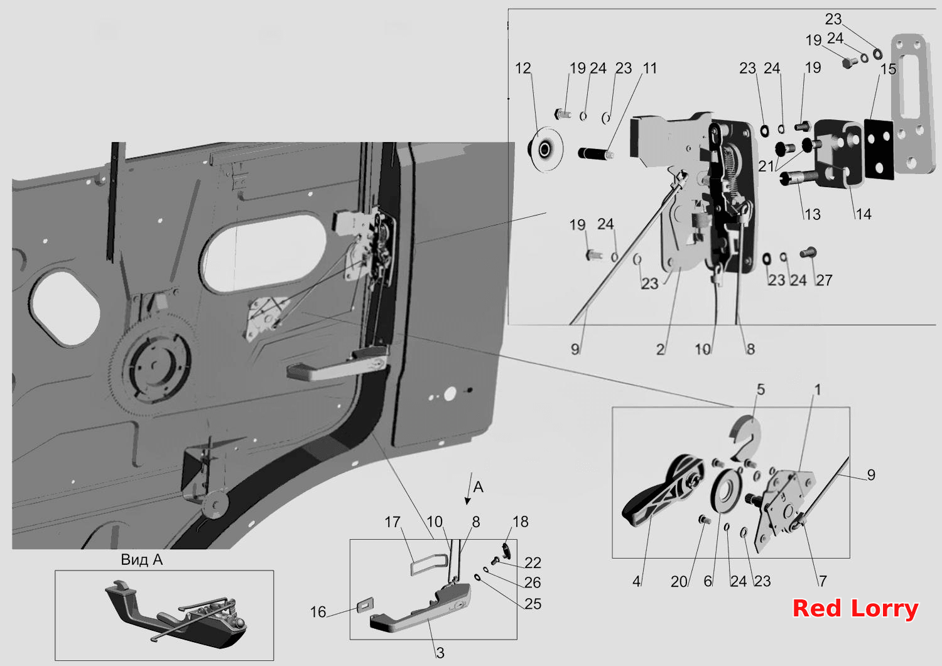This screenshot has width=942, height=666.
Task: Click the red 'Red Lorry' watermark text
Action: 855,609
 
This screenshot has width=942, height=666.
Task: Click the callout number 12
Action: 522,68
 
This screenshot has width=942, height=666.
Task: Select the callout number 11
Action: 650,68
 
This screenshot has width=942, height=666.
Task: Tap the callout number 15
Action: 888,69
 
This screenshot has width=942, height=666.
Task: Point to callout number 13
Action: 813,215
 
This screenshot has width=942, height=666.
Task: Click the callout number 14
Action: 863,215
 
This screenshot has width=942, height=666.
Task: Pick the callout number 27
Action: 824,280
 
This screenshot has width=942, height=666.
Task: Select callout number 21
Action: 766,166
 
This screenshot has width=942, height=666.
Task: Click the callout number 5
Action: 761,390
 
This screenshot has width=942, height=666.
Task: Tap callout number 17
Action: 392,522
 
